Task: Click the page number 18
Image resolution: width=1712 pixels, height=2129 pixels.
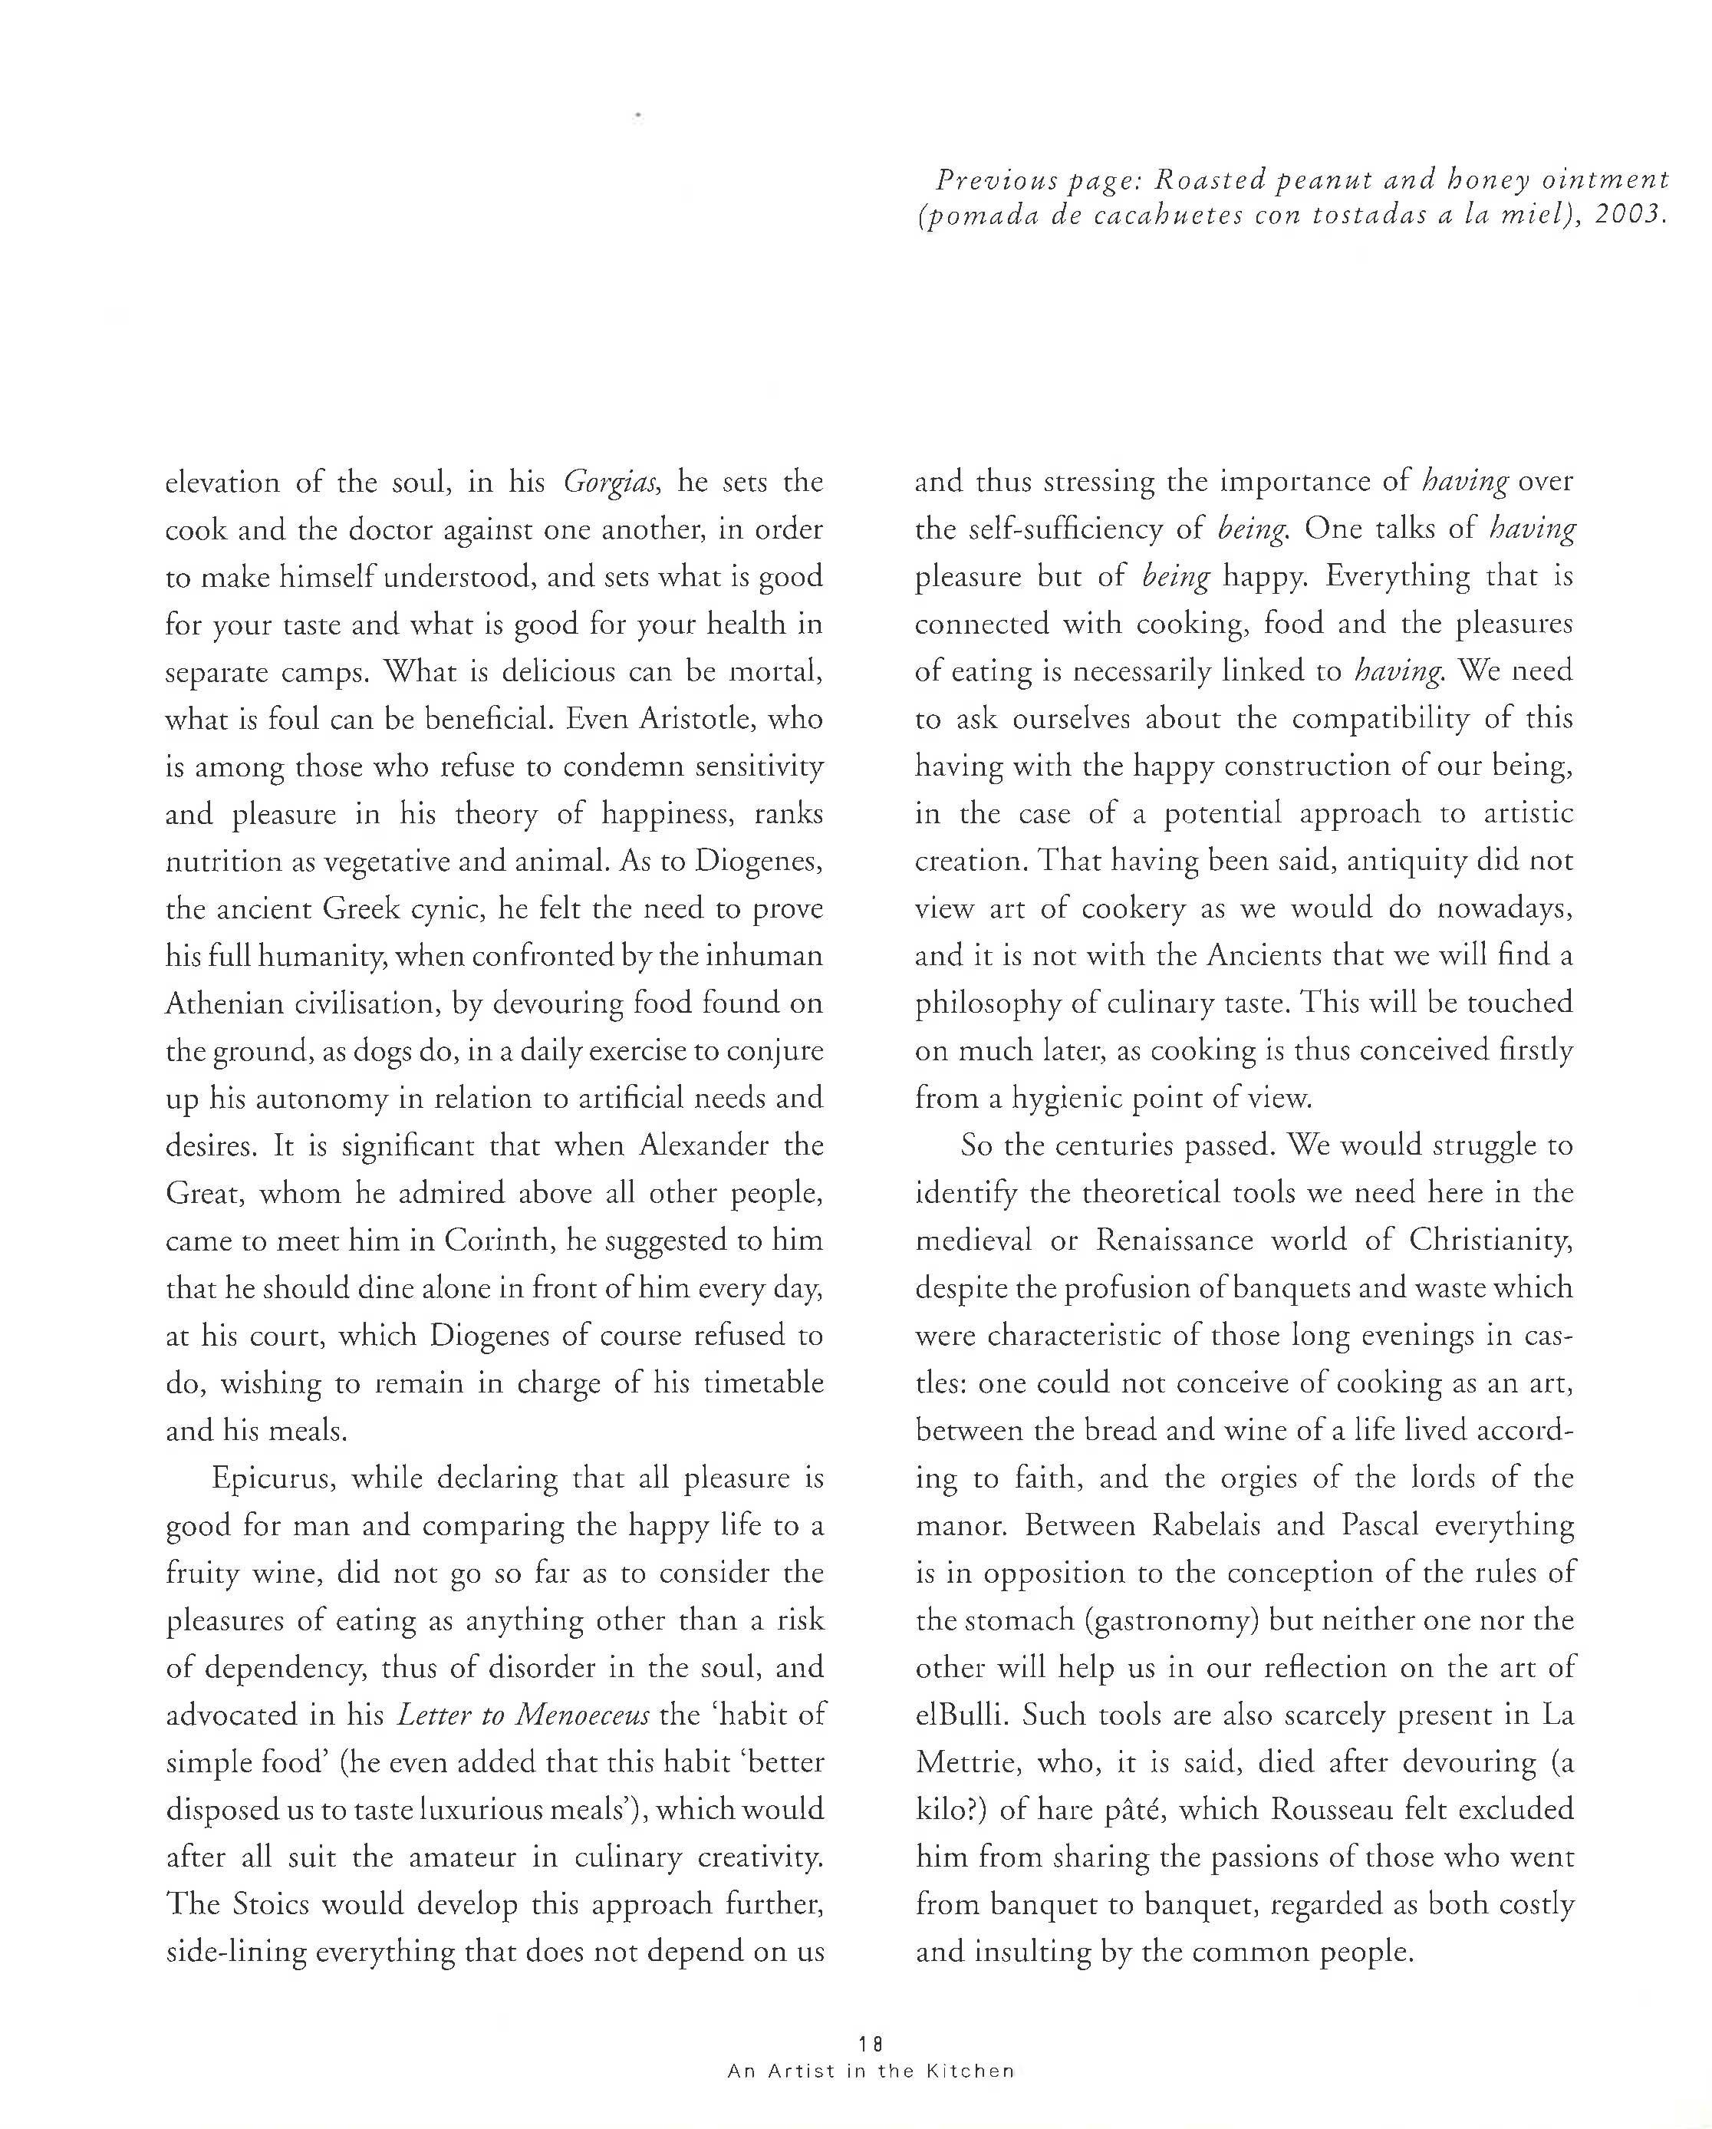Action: pos(870,2043)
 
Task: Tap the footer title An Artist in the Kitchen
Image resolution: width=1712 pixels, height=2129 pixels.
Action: pos(870,2071)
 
